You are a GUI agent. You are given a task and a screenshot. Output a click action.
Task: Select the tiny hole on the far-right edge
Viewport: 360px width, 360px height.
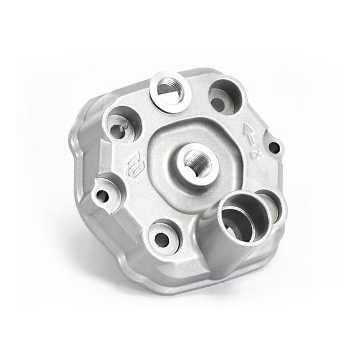click(274, 146)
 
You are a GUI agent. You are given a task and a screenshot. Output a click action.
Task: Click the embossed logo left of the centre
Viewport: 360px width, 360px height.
click(133, 166)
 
